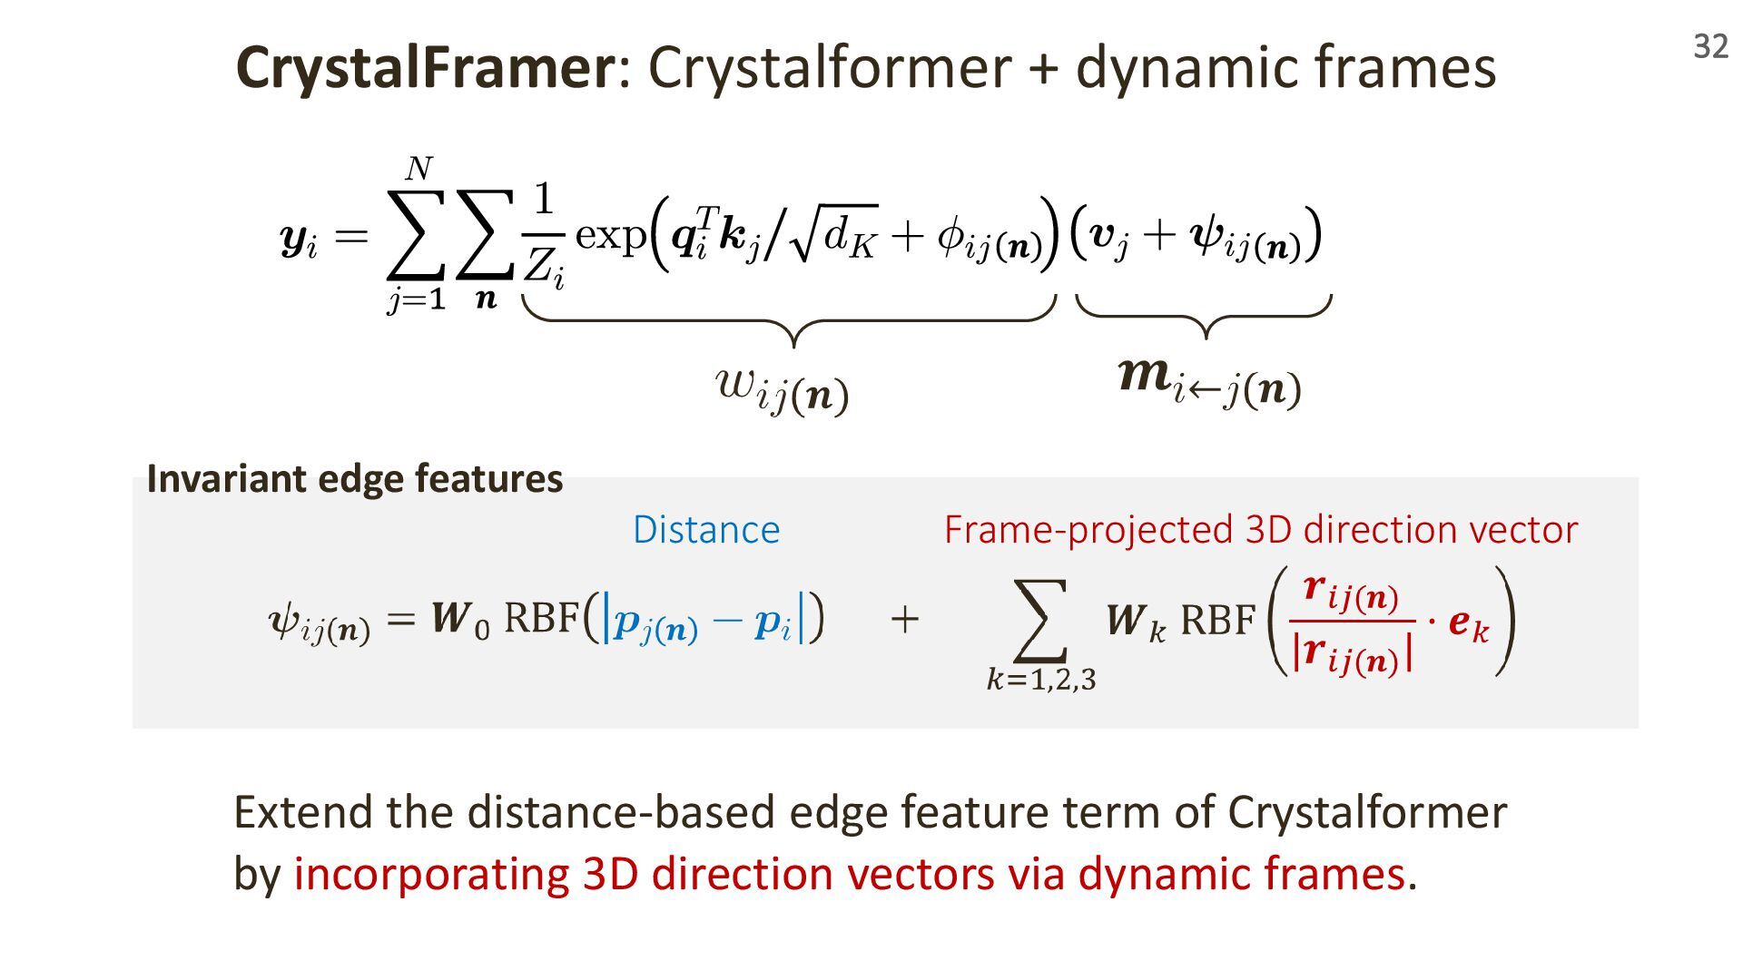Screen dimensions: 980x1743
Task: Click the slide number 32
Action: click(x=1710, y=46)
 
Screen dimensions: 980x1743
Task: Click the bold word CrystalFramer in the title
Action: click(x=425, y=67)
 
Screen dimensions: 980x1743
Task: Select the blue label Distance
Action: click(x=705, y=530)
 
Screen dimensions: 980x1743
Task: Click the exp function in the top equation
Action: click(x=609, y=235)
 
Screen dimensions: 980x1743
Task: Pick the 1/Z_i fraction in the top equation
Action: click(x=543, y=235)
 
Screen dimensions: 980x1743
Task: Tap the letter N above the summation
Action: click(x=419, y=169)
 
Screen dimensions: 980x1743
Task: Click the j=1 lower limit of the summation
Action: click(x=417, y=299)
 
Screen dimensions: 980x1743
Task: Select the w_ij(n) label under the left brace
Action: click(x=782, y=389)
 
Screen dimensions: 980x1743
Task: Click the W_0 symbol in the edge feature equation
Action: click(x=459, y=620)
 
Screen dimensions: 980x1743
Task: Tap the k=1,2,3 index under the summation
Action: click(x=1041, y=679)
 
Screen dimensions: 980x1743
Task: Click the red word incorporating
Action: click(x=431, y=874)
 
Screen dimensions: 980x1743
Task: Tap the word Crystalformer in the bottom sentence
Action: click(x=1366, y=812)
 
